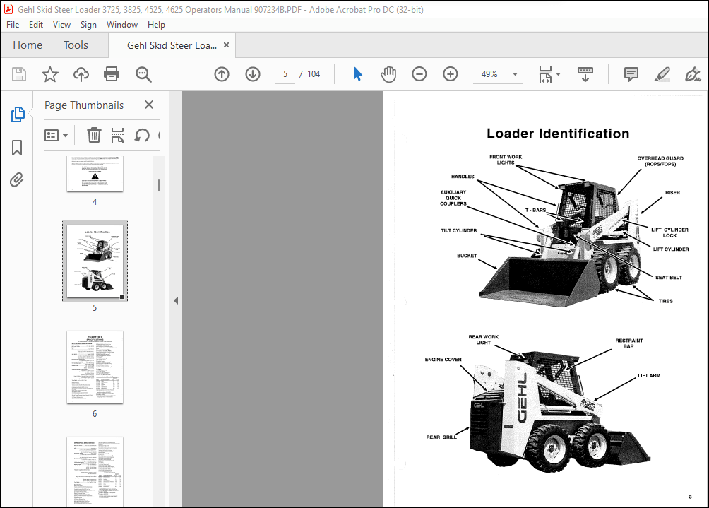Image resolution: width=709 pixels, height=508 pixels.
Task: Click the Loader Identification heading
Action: coord(558,134)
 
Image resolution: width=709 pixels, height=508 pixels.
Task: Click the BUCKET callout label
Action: coord(467,256)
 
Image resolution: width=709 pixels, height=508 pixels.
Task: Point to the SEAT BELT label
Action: coord(668,278)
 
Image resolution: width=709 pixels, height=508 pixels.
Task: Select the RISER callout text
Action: coord(672,192)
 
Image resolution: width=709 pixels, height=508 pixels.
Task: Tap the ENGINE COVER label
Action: coord(443,360)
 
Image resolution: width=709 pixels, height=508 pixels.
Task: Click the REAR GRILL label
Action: coord(441,437)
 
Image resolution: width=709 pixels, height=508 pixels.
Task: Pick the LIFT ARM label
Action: coord(649,376)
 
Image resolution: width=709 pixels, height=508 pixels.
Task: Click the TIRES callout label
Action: coord(665,301)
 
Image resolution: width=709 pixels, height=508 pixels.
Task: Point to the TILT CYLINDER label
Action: coord(458,230)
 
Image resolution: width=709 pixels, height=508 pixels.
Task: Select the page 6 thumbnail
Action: coord(95,367)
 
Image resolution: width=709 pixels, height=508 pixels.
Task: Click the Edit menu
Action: coord(36,24)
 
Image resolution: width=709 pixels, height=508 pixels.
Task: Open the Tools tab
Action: coord(76,45)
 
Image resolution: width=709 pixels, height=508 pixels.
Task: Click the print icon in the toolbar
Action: coord(112,74)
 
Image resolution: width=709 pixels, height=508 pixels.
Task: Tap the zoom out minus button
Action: coord(419,74)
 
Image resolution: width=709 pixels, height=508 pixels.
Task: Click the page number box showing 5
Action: coord(285,74)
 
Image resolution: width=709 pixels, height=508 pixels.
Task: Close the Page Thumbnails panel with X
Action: coord(149,105)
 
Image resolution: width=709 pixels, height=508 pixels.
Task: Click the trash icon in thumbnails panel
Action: coord(94,135)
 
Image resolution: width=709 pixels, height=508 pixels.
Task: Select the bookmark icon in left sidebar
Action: coord(17,147)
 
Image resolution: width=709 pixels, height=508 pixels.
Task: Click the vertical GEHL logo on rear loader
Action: coord(523,398)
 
